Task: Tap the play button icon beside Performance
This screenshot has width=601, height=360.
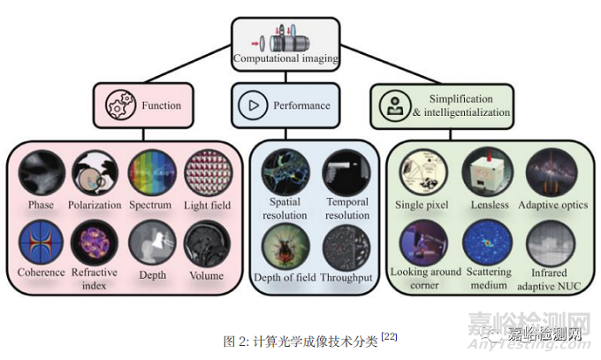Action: [x=255, y=105]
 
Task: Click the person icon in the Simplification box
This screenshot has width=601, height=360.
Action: [x=392, y=105]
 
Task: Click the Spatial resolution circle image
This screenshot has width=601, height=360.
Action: [x=285, y=172]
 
